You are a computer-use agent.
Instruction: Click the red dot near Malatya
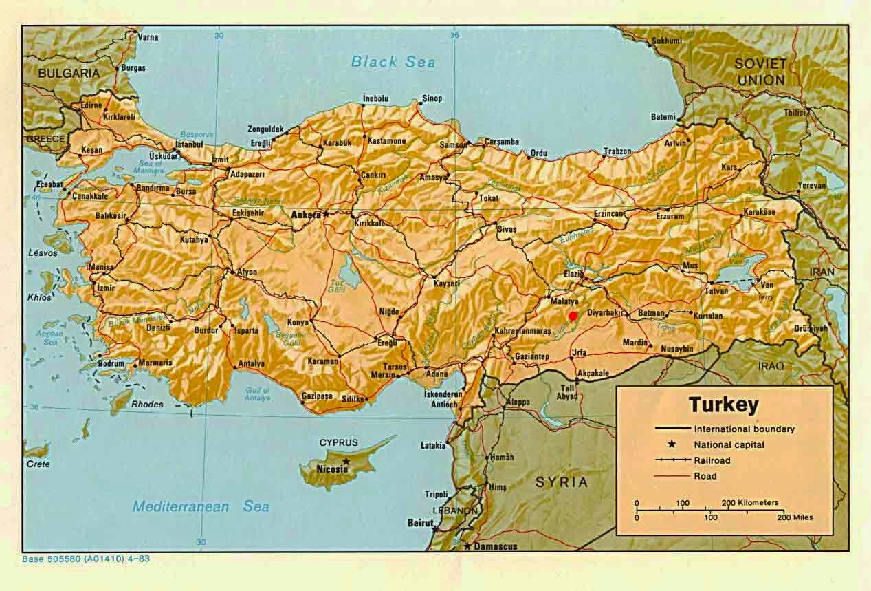coord(573,316)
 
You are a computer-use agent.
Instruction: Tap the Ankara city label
coord(306,215)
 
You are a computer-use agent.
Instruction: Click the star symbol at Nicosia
coord(346,460)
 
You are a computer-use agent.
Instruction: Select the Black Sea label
coord(393,62)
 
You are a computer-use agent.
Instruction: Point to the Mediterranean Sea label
coord(201,506)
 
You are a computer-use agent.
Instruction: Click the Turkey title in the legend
coord(723,405)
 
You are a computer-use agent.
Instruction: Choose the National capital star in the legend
coord(672,444)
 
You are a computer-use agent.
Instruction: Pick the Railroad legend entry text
coord(712,460)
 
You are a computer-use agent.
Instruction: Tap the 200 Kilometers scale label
coord(749,503)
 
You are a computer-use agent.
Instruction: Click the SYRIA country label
coord(562,482)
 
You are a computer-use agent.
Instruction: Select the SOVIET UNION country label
coord(760,72)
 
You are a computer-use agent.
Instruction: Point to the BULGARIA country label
coord(69,72)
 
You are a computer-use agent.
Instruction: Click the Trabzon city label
coord(617,151)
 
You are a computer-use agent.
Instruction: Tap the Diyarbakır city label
coord(605,312)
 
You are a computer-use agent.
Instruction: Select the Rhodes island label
coord(147,405)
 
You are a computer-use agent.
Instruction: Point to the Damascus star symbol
coord(467,546)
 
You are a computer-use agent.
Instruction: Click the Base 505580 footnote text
coord(86,559)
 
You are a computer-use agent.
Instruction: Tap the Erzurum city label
coord(670,216)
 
